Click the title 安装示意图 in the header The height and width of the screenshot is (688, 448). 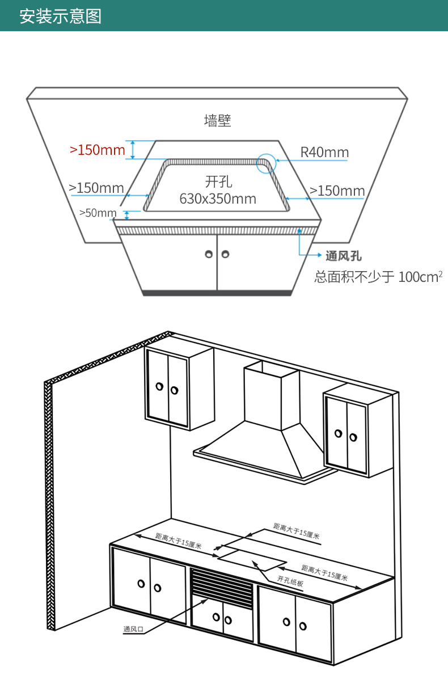61,16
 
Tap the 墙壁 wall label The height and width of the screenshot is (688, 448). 217,120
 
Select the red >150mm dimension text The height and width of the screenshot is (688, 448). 98,150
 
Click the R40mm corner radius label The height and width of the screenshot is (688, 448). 324,153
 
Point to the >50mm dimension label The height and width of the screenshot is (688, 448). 98,213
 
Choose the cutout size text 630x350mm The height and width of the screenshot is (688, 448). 218,199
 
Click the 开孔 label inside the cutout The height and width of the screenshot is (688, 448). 218,182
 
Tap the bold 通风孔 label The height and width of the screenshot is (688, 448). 344,256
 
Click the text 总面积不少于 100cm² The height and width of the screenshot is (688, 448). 378,277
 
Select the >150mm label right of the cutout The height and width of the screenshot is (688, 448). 337,191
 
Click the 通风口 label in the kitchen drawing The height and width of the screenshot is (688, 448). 133,629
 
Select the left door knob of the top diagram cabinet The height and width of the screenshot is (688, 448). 209,254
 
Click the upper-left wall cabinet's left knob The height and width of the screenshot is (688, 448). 159,386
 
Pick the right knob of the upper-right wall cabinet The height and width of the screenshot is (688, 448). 353,437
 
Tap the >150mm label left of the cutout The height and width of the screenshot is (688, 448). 96,188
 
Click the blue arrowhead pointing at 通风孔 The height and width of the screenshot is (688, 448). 319,255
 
